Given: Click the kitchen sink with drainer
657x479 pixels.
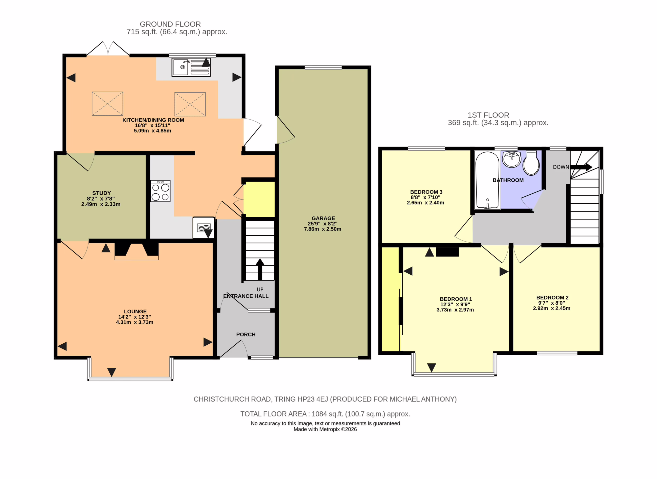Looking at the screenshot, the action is (x=191, y=67).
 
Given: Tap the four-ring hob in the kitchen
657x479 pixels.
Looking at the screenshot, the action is (x=160, y=191).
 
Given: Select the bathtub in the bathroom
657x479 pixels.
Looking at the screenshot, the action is (x=487, y=180).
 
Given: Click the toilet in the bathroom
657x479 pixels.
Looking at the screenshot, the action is (x=531, y=163).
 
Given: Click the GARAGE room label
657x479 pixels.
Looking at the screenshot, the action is (x=323, y=218).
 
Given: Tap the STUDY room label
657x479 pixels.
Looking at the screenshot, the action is (x=102, y=193).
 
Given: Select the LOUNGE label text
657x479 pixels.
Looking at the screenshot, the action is (x=135, y=311).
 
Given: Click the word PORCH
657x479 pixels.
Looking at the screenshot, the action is (x=246, y=334).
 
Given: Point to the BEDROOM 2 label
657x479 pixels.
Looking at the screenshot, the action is (x=552, y=297).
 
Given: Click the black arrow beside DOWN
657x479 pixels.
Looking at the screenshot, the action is (x=581, y=167).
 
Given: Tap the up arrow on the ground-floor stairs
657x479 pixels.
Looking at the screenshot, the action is (x=260, y=269).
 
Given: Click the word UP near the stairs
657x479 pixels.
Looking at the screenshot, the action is (x=260, y=289).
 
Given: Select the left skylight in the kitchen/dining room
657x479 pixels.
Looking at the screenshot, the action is (x=107, y=104).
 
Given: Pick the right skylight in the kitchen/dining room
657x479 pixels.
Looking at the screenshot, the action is (x=190, y=104).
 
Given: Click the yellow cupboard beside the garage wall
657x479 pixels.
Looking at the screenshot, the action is (x=259, y=199).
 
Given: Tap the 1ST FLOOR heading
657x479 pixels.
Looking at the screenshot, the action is (x=488, y=115).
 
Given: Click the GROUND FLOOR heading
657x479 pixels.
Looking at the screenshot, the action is (x=170, y=24).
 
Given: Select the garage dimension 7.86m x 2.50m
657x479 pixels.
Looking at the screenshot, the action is (x=322, y=229).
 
